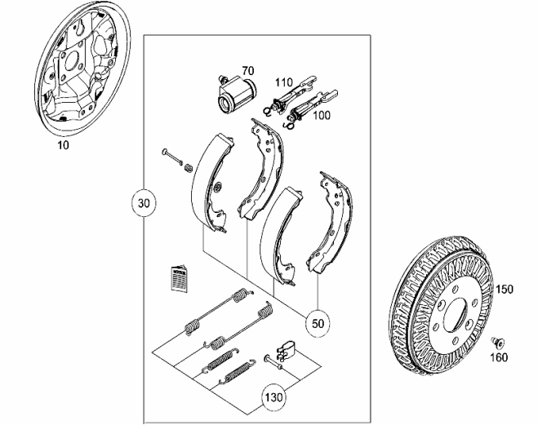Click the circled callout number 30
145,202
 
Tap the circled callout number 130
273,398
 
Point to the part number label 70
248,72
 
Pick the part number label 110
283,82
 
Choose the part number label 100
322,116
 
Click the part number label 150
505,290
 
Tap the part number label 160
498,356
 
